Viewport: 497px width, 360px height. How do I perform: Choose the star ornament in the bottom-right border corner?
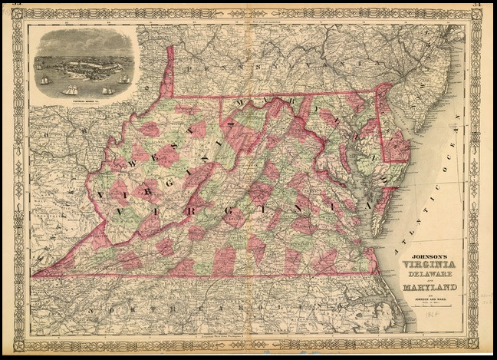476,345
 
